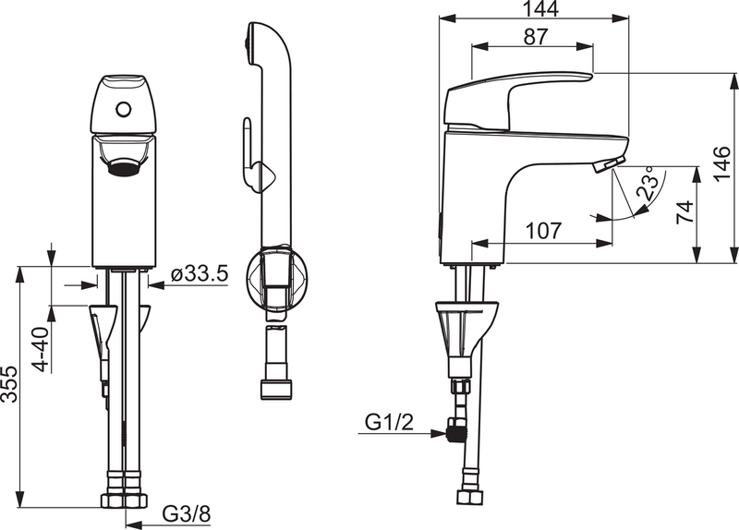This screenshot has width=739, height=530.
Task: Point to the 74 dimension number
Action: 684,214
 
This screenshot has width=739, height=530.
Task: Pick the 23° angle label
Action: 649,185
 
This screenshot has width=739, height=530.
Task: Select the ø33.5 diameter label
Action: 200,274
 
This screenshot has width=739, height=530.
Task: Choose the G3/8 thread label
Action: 188,512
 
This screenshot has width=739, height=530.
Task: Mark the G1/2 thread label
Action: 388,422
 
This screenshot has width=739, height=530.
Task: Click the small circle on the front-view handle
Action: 123,109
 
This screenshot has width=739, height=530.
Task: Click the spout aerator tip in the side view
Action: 602,165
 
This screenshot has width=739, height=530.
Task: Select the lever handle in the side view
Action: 517,97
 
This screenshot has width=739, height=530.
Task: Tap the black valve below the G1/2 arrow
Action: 454,428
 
